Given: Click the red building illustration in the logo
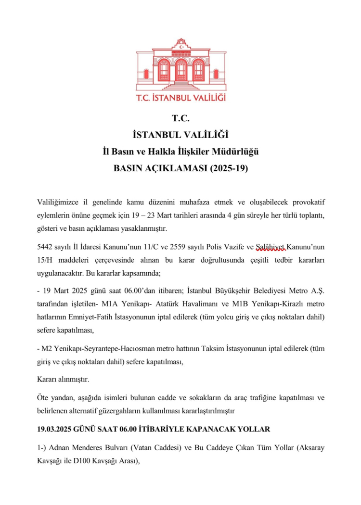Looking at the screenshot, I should (180, 63).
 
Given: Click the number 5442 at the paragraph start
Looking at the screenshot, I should (45, 248).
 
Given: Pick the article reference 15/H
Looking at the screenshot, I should (45, 260).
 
